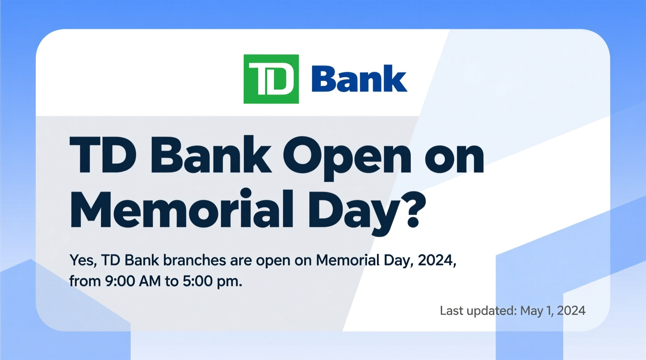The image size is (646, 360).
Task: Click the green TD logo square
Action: tap(271, 79)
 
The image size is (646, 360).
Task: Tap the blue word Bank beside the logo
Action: tap(359, 79)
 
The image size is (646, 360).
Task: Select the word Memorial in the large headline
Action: tap(181, 209)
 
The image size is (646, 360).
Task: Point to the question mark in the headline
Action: tap(412, 209)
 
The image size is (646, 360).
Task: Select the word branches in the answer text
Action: tap(194, 260)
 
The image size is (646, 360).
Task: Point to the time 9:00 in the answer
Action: tap(120, 281)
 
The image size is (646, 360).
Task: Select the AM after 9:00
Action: tap(149, 281)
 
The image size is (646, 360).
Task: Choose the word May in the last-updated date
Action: tap(531, 311)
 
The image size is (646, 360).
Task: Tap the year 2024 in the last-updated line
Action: tap(571, 311)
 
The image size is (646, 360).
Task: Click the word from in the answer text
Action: tap(85, 281)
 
